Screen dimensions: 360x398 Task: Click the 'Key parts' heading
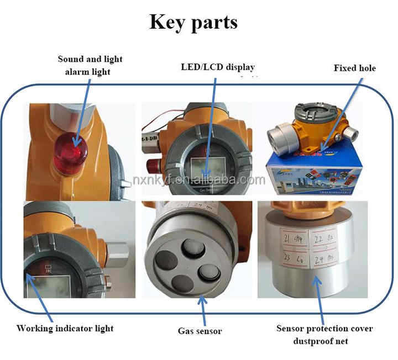(x=193, y=22)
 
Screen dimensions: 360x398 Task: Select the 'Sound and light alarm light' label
(x=90, y=65)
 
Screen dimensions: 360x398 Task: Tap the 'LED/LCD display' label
(x=218, y=67)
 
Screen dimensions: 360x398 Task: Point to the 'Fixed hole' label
(x=354, y=68)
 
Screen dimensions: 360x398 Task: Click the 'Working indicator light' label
(x=65, y=328)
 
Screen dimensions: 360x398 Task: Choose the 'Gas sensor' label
(x=200, y=331)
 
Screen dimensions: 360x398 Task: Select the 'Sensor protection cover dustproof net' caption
(x=324, y=335)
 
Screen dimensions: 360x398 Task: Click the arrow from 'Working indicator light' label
(x=40, y=298)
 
